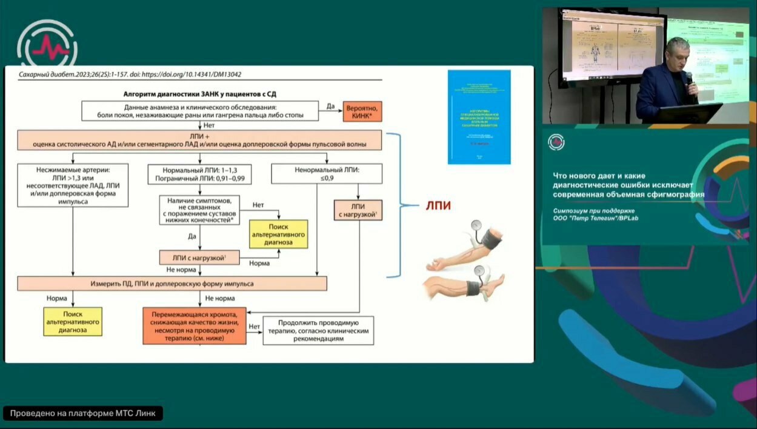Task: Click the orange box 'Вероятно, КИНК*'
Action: click(x=363, y=111)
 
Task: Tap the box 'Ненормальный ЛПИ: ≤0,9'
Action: click(x=327, y=175)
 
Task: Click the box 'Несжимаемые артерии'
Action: click(x=73, y=184)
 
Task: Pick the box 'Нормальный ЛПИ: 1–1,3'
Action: click(x=199, y=175)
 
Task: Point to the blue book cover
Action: click(x=479, y=117)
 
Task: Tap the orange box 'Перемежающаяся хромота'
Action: click(x=195, y=326)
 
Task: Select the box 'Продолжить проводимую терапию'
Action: click(x=319, y=331)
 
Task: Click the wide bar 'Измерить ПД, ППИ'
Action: click(x=172, y=284)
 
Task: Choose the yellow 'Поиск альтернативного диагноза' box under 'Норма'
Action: click(x=73, y=321)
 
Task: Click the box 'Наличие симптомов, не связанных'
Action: click(x=199, y=210)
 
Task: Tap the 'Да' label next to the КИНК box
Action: click(x=330, y=106)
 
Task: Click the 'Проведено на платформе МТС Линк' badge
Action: click(x=83, y=413)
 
